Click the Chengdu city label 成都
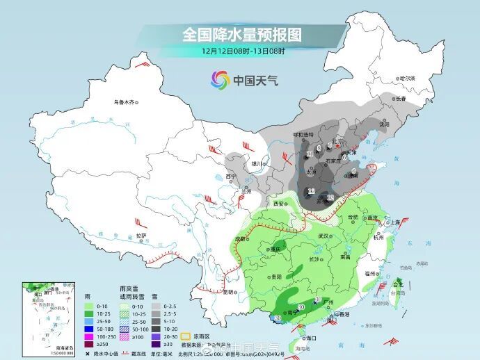click(241, 238)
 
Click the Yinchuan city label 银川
click(258, 164)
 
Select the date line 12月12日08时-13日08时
click(243, 51)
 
